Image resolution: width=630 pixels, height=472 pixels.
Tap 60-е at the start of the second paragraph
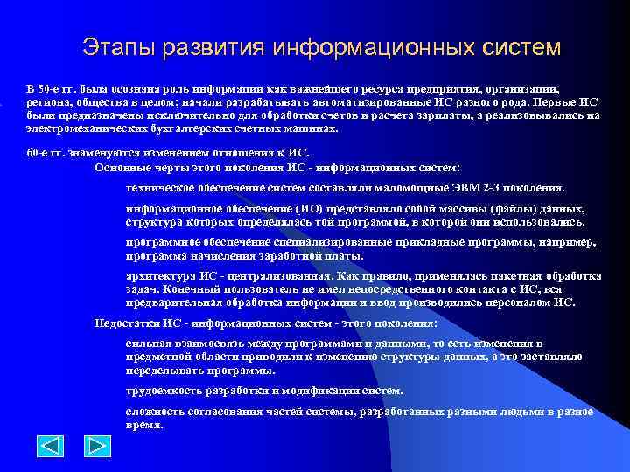point(39,153)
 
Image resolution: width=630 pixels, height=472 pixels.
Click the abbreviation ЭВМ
point(471,187)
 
